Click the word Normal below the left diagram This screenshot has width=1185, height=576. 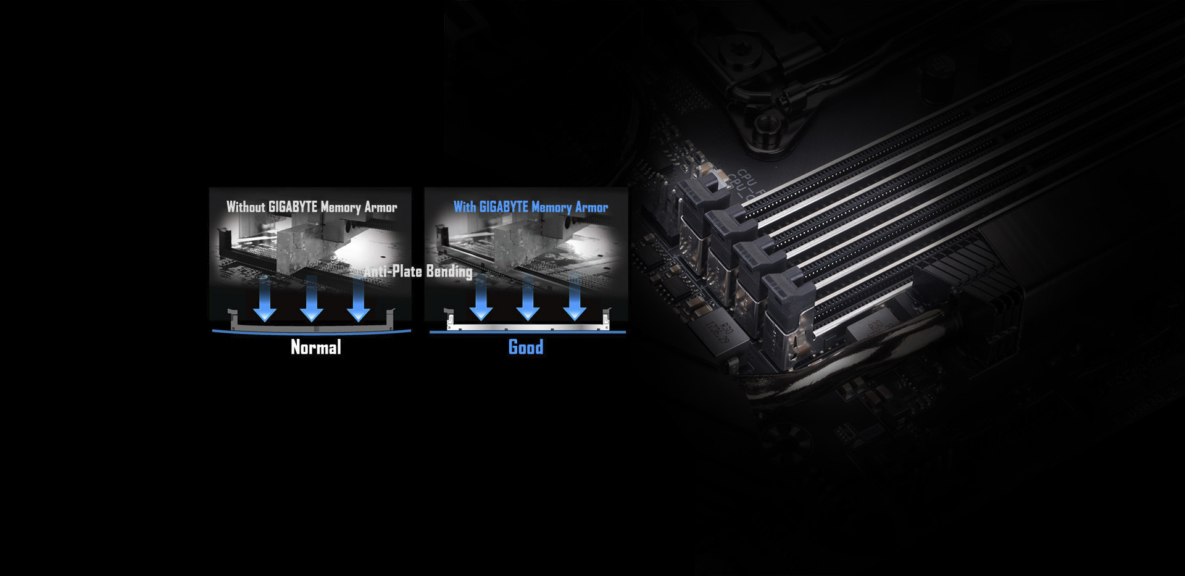click(315, 348)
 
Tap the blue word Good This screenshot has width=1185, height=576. click(526, 347)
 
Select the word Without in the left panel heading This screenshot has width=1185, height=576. click(246, 207)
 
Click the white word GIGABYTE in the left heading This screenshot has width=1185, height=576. click(293, 207)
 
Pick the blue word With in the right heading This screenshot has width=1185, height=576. click(465, 207)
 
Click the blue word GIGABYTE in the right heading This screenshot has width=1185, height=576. click(504, 207)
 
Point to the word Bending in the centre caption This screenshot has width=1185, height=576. click(449, 272)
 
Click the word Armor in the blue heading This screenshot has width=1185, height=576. click(591, 207)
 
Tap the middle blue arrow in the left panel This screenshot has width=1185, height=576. click(312, 298)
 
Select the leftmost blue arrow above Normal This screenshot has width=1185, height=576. click(265, 298)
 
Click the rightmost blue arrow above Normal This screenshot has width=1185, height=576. click(359, 298)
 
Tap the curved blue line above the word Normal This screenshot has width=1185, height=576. click(312, 333)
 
